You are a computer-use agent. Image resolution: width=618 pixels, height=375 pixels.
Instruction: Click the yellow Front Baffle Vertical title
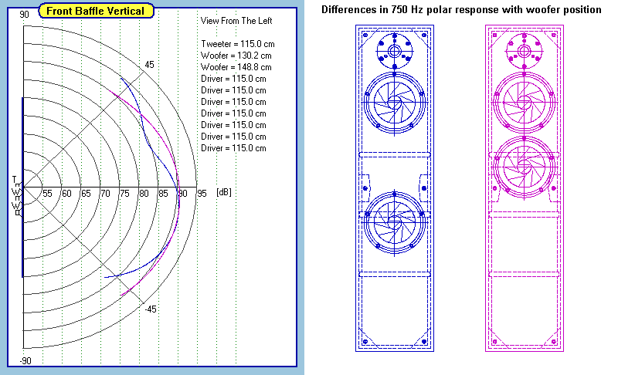pyautogui.click(x=96, y=11)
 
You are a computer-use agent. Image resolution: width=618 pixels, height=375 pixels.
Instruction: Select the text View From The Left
pyautogui.click(x=236, y=21)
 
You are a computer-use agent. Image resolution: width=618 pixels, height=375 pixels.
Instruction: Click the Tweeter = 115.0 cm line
pyautogui.click(x=238, y=44)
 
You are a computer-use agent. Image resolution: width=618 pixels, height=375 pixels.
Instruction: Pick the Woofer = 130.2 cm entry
pyautogui.click(x=236, y=56)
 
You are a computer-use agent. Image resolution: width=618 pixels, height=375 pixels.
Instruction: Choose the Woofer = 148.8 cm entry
pyautogui.click(x=236, y=67)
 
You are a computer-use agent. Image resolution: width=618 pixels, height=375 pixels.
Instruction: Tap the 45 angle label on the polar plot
pyautogui.click(x=149, y=65)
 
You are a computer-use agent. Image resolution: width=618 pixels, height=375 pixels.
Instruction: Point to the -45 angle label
pyautogui.click(x=151, y=309)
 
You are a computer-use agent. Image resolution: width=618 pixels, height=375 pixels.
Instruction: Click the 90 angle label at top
pyautogui.click(x=25, y=15)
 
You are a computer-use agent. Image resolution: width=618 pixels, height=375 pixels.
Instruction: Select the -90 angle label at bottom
pyautogui.click(x=25, y=361)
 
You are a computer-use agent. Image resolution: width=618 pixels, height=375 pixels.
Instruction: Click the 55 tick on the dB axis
pyautogui.click(x=47, y=194)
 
